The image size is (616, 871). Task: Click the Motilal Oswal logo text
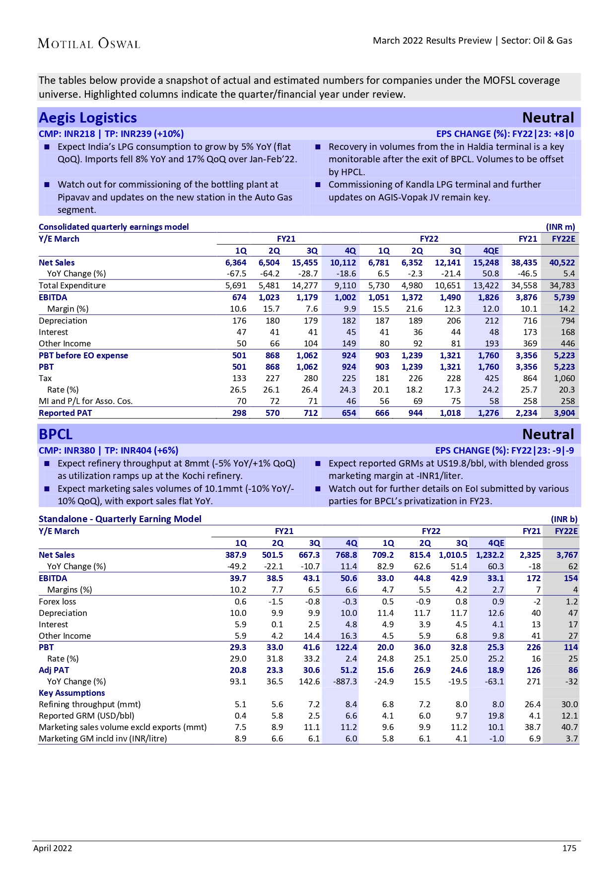tap(89, 44)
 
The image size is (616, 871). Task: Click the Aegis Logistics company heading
tap(88, 118)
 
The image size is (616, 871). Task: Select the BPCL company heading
tap(56, 434)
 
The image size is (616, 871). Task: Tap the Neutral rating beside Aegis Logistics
tap(548, 118)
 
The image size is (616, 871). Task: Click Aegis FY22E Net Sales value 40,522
tap(562, 263)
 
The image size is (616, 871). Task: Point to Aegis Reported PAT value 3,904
tap(564, 413)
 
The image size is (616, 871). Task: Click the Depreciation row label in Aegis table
tap(63, 321)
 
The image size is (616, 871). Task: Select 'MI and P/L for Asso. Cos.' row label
tap(86, 401)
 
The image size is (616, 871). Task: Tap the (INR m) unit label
tap(560, 227)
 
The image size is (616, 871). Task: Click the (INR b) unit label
tap(564, 519)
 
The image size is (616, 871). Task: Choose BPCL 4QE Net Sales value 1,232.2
tap(490, 555)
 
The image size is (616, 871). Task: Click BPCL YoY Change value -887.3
tap(345, 681)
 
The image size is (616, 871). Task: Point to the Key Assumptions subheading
tap(72, 693)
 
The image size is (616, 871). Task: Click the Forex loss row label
tap(58, 602)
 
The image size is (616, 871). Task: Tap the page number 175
tap(569, 848)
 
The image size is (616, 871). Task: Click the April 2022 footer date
tap(53, 848)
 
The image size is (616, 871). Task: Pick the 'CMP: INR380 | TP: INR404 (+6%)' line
tap(108, 451)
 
